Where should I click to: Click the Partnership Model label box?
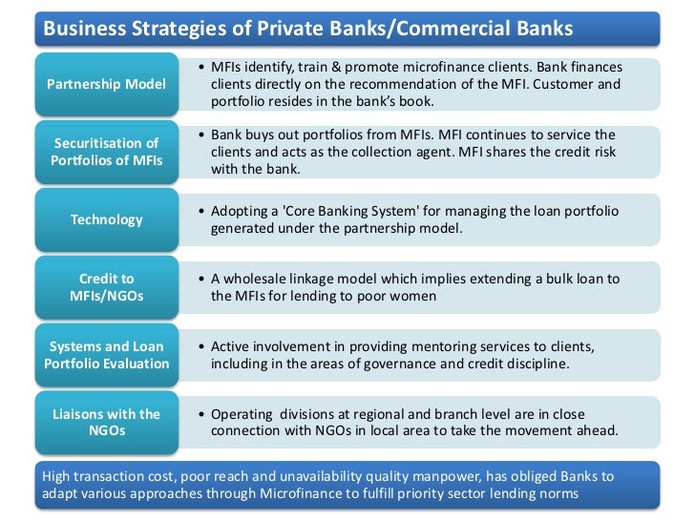point(105,83)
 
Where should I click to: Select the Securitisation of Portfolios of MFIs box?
point(105,151)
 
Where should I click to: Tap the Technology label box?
point(105,219)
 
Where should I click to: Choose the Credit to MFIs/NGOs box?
point(105,287)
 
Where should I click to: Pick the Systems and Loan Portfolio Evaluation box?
point(105,355)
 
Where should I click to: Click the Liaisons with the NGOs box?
point(105,423)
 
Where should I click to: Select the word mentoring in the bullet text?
point(410,347)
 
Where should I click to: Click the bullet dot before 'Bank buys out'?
point(200,135)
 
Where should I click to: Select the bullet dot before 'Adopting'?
point(200,212)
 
